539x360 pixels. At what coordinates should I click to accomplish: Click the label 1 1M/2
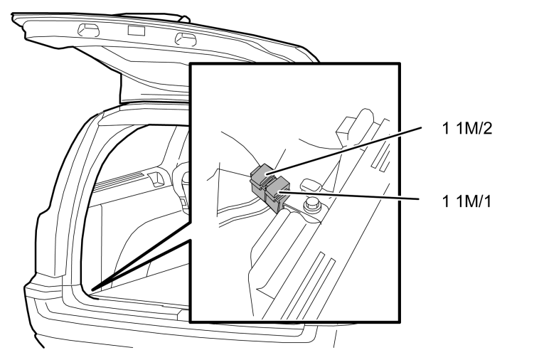point(467,128)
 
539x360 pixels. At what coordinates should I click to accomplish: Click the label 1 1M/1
point(466,201)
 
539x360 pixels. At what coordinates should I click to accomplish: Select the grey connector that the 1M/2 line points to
point(262,179)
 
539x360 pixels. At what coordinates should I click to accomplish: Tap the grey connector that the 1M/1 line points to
point(277,194)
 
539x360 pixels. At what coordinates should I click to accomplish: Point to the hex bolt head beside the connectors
point(312,206)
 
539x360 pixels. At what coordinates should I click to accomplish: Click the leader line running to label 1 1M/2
point(343,150)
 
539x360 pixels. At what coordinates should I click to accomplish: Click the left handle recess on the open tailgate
point(88,30)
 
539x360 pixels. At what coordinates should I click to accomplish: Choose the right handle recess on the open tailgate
point(186,39)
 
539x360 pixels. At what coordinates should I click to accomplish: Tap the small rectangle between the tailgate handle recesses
point(137,31)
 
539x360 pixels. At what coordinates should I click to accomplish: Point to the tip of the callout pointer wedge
point(92,290)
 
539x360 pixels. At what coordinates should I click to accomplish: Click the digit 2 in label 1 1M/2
point(488,128)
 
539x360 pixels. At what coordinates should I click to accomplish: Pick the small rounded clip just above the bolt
point(311,185)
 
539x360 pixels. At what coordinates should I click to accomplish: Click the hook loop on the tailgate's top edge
point(184,18)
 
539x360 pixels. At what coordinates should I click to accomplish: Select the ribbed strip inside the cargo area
point(119,181)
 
